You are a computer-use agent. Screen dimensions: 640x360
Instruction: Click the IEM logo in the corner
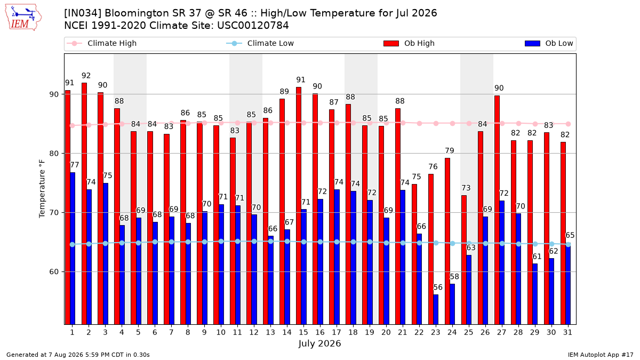click(x=23, y=17)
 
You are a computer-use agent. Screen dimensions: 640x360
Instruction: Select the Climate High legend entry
click(x=101, y=43)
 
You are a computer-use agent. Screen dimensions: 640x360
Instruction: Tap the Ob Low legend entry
click(x=549, y=43)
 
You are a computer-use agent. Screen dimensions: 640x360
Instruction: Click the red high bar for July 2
click(x=84, y=204)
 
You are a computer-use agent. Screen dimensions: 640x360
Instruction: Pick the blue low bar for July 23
click(x=436, y=310)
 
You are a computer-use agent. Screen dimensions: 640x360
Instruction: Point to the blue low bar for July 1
click(x=73, y=249)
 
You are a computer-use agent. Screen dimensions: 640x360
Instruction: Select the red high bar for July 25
click(x=464, y=260)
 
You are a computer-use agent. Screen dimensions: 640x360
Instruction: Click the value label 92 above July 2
click(x=86, y=76)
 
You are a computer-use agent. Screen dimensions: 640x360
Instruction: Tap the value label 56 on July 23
click(x=438, y=287)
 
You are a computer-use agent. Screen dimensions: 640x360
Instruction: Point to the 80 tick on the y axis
click(x=54, y=154)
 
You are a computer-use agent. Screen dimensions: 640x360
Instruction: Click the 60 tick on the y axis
click(x=54, y=271)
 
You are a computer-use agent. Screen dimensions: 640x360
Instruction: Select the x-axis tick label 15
click(x=303, y=333)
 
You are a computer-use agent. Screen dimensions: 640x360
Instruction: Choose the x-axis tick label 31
click(x=567, y=333)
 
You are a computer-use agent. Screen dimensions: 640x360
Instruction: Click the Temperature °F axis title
click(x=42, y=189)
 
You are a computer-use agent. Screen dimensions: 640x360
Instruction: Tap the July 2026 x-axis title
click(x=319, y=343)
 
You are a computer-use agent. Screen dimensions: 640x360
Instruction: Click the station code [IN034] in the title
click(x=83, y=13)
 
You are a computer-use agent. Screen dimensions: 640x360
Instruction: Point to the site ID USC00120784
click(x=253, y=26)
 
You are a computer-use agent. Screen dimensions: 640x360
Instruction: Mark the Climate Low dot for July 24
click(x=453, y=243)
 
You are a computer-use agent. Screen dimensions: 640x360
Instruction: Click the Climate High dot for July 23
click(x=436, y=123)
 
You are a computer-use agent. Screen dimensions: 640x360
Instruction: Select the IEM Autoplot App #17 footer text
click(x=601, y=355)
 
